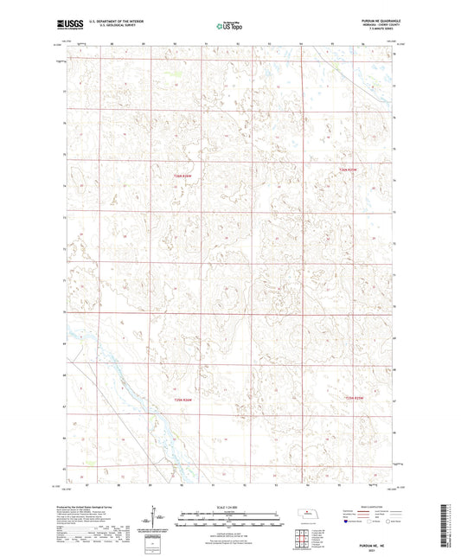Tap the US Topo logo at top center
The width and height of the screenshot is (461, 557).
point(229,26)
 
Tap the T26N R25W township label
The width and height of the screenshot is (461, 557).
point(348,170)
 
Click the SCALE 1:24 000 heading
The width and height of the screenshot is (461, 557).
point(229,506)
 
